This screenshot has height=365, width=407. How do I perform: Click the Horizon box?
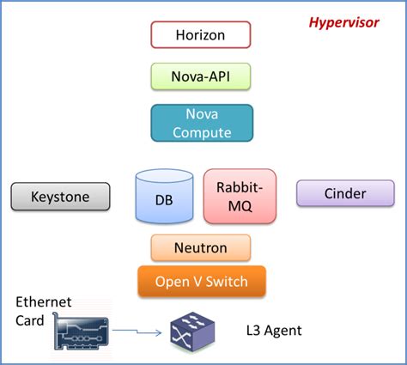click(200, 34)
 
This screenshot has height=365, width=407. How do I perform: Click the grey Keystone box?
click(61, 196)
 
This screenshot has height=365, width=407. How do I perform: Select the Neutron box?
click(200, 247)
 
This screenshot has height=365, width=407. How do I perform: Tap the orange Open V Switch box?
click(202, 281)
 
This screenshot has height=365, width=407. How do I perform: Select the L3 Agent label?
click(275, 330)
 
